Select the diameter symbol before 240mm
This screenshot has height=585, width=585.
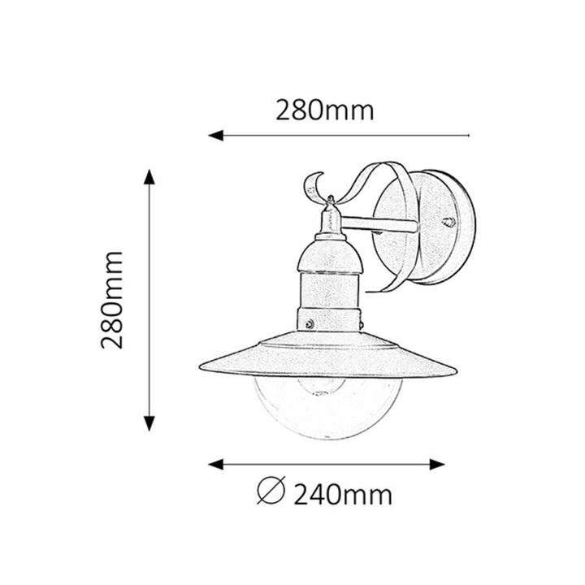tap(270, 492)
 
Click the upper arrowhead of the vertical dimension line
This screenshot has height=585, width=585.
tap(149, 177)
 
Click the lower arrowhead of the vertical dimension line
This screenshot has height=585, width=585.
tap(149, 422)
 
